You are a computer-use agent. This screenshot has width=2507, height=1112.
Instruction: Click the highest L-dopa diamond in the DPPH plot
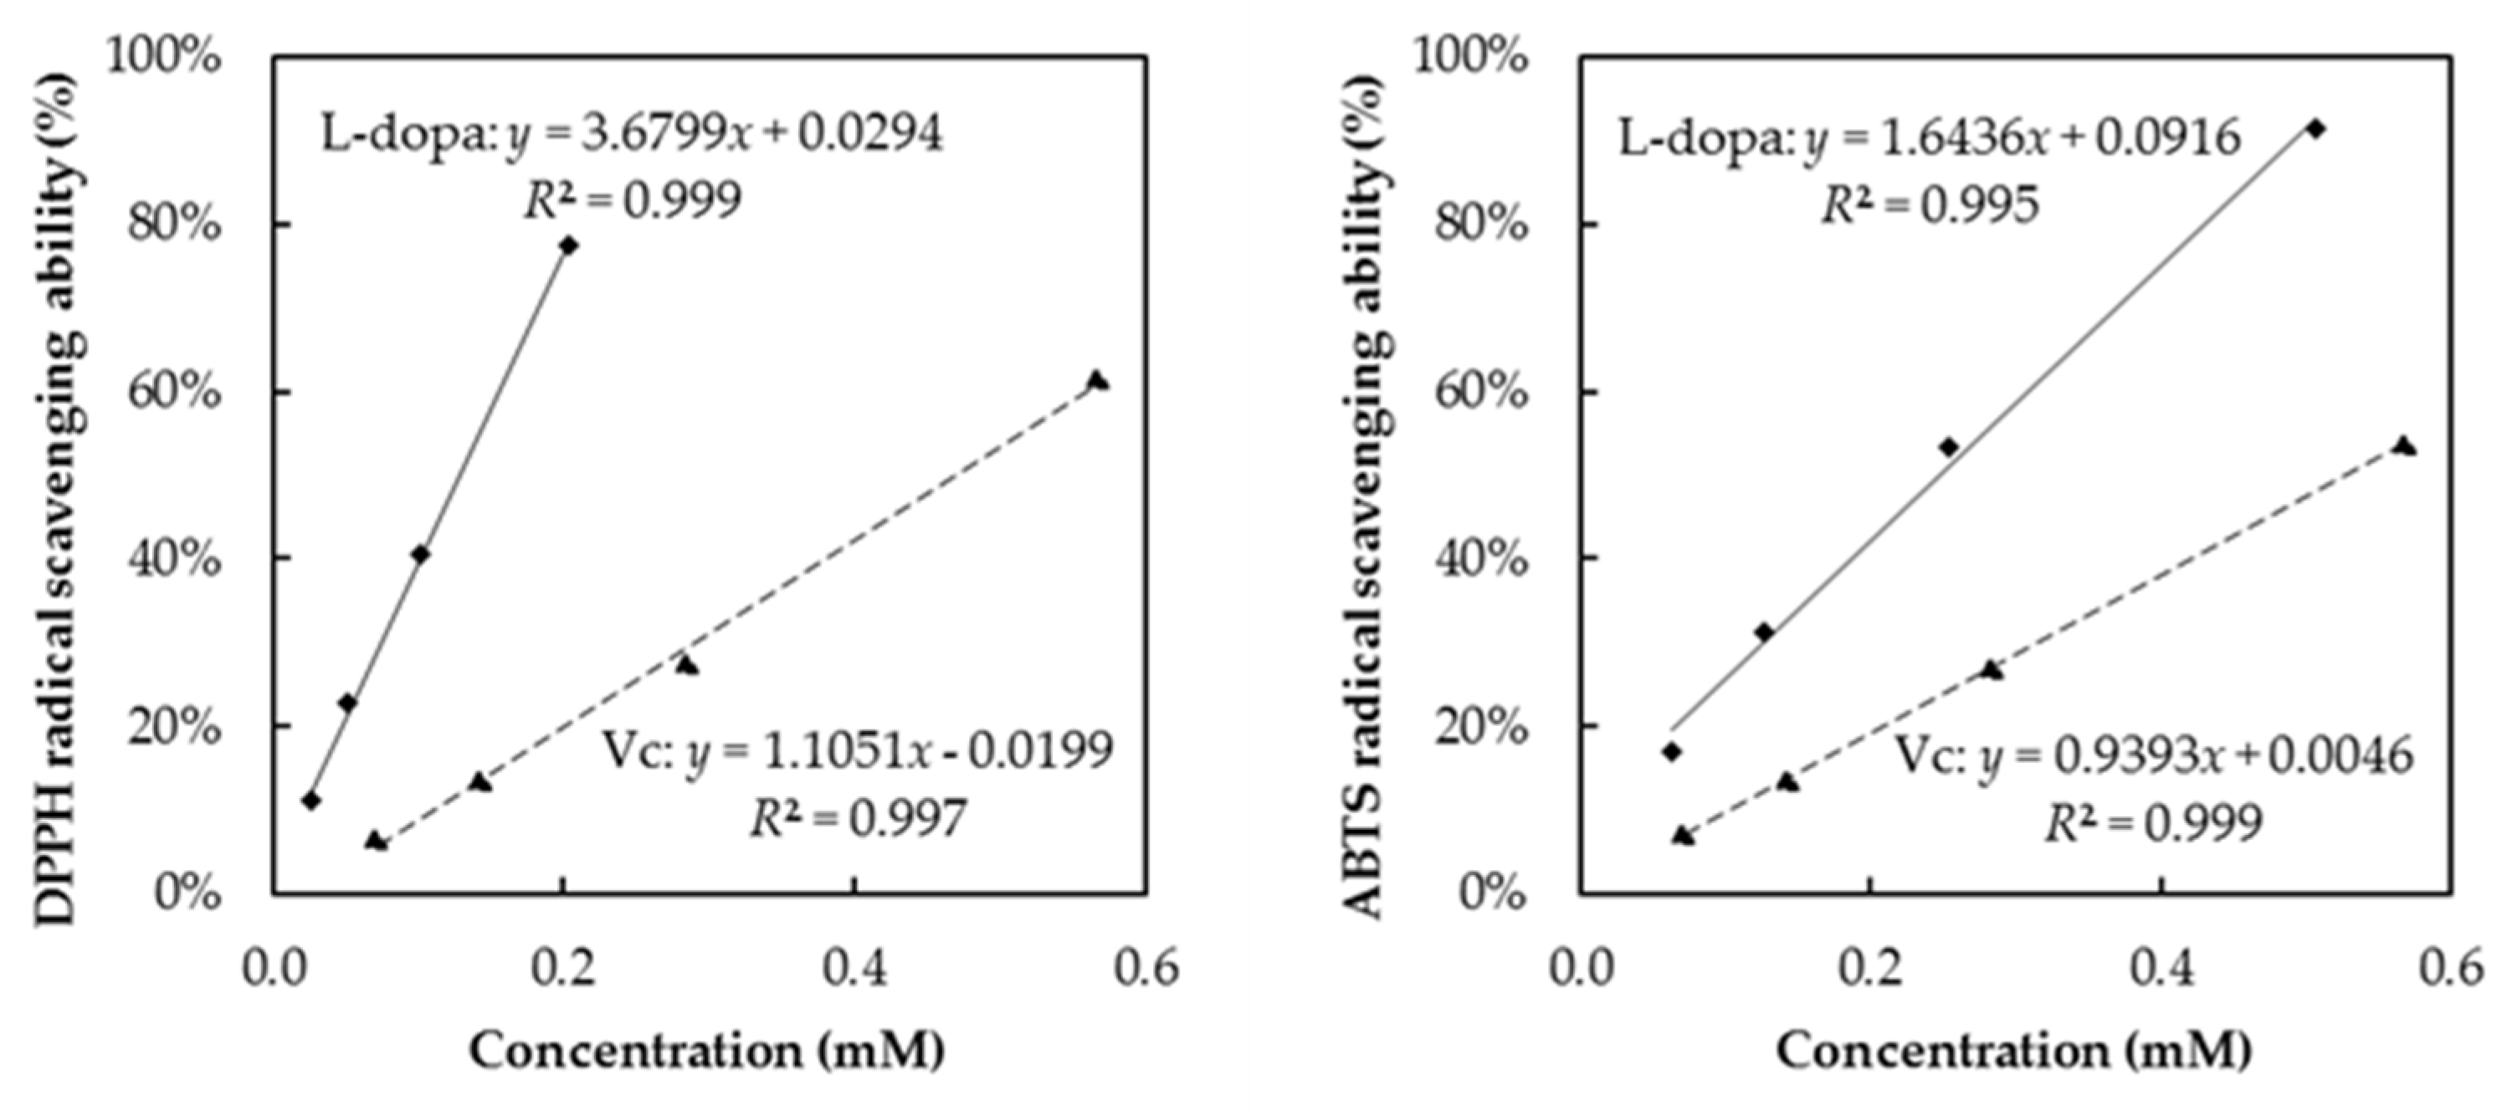click(569, 245)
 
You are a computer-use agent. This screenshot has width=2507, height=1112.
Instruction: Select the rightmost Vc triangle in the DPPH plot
click(1097, 381)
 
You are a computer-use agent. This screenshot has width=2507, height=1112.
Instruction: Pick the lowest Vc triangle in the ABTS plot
click(1682, 836)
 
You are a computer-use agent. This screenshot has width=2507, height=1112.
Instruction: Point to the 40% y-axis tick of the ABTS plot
click(1482, 559)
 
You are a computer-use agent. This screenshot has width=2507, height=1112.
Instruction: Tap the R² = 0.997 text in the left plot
click(859, 818)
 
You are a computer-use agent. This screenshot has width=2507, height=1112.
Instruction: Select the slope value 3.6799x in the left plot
click(667, 133)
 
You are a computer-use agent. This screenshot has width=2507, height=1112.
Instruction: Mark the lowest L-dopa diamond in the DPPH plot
click(311, 801)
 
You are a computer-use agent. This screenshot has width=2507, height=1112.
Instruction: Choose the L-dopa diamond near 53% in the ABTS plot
click(1948, 447)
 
